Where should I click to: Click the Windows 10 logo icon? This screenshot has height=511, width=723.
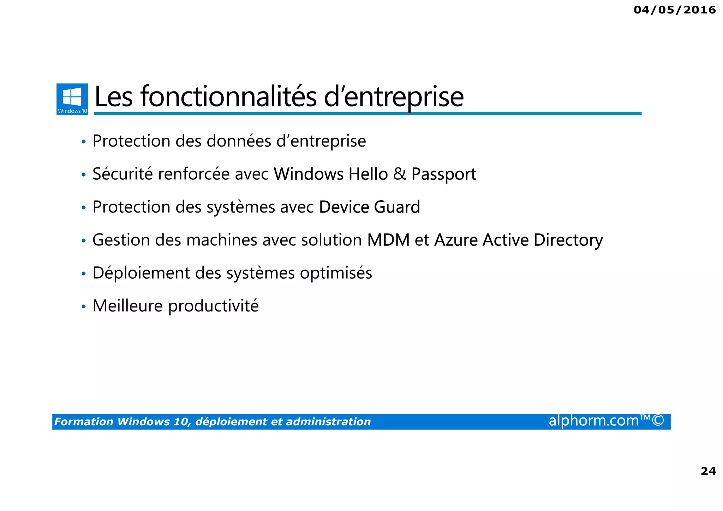click(x=72, y=99)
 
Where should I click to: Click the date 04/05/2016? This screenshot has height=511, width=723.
click(x=675, y=10)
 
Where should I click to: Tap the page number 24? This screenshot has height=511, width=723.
click(x=708, y=471)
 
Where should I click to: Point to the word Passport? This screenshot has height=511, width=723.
click(x=444, y=174)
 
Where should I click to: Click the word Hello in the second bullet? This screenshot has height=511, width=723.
click(x=368, y=174)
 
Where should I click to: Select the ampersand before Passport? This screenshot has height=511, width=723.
click(x=400, y=174)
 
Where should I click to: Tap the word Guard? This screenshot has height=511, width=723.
click(x=397, y=207)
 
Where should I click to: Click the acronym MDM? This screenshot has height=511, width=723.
click(x=388, y=240)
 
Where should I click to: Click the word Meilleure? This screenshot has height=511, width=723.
click(x=127, y=306)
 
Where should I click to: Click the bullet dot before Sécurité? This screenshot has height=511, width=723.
click(x=84, y=175)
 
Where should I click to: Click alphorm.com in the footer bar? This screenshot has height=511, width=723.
click(x=593, y=421)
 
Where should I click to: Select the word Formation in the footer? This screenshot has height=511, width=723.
click(x=84, y=422)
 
